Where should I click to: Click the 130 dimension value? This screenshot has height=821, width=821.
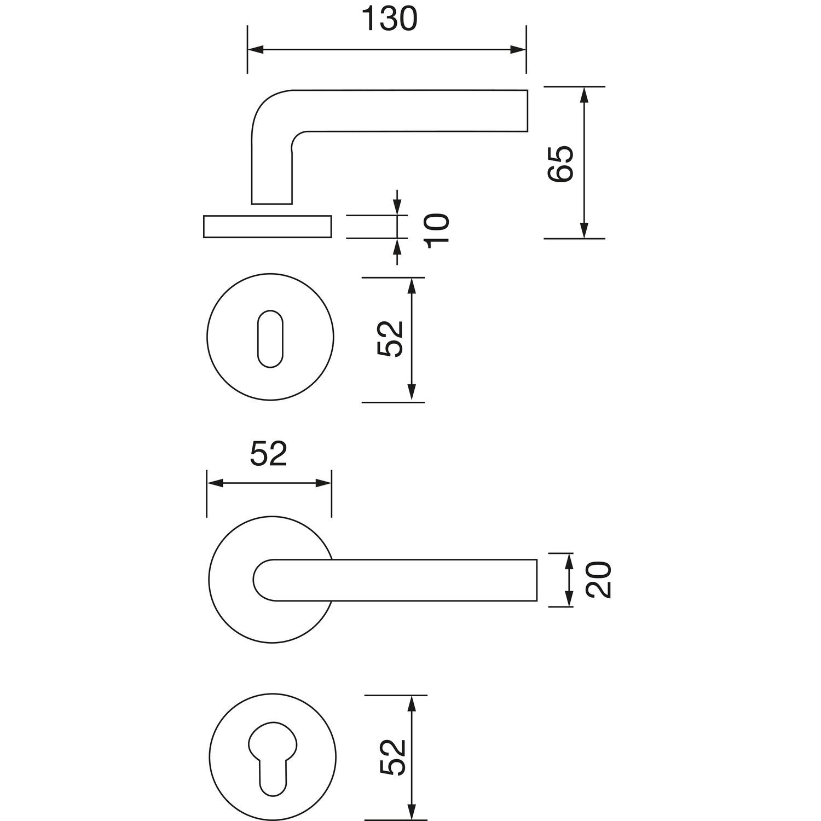[x=390, y=20]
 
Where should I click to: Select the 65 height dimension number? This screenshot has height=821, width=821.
[x=559, y=163]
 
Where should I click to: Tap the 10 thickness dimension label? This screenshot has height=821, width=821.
[x=437, y=230]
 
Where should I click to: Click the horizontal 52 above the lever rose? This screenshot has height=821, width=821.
[x=269, y=454]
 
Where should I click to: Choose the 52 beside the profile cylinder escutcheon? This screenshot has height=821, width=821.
[x=392, y=757]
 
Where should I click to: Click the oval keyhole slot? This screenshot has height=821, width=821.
[x=270, y=339]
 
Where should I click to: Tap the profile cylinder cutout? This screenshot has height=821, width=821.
[x=273, y=761]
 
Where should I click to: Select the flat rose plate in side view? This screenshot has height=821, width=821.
[x=267, y=227]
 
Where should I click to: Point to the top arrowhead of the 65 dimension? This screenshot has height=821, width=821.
[x=584, y=95]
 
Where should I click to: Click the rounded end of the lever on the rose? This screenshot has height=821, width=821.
[x=262, y=580]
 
